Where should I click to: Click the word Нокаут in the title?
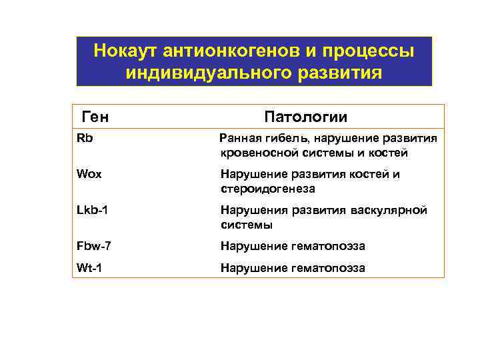(125, 51)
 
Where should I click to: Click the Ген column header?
(95, 117)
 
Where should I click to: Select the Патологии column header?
(306, 117)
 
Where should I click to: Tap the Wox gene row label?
(89, 174)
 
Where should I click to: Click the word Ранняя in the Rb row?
(241, 138)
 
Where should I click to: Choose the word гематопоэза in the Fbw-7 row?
(329, 246)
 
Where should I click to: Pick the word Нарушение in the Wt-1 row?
(253, 268)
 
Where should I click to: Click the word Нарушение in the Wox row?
(253, 174)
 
